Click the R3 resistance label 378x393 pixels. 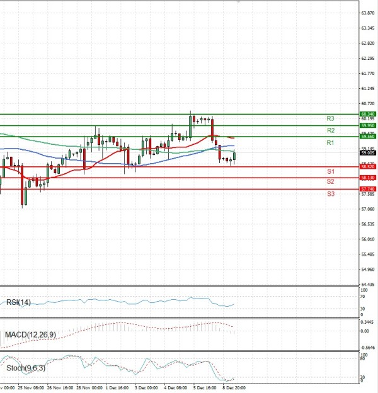(330, 118)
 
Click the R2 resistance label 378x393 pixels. (330, 130)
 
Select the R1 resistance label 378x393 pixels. (330, 144)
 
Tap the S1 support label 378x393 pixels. (330, 172)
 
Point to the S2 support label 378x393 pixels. (330, 181)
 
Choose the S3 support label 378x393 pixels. (330, 194)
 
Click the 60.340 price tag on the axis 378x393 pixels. (369, 114)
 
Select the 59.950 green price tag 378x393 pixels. (369, 125)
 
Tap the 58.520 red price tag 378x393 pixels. (369, 167)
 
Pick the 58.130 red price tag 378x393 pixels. (369, 178)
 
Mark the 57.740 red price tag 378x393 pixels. (369, 189)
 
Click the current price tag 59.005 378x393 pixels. (369, 152)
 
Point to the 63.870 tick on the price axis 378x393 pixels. (369, 13)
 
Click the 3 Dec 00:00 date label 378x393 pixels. (146, 388)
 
